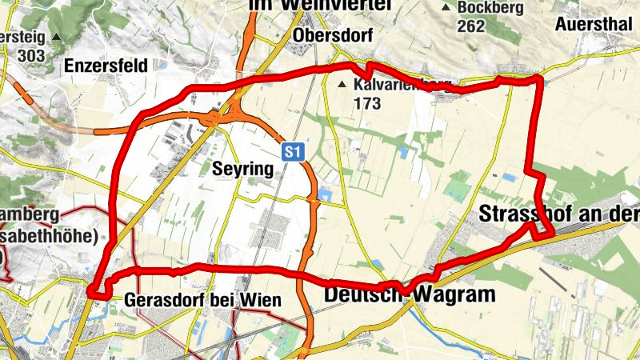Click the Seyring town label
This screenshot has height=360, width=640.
[x=243, y=169]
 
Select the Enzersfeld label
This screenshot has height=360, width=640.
[x=107, y=66]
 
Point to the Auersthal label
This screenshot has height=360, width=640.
[x=594, y=22]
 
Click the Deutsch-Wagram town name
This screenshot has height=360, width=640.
[x=410, y=294]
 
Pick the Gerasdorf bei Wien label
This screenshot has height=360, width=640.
[x=203, y=301]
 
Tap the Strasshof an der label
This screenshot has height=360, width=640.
[x=559, y=214]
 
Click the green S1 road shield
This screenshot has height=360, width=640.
[x=293, y=150]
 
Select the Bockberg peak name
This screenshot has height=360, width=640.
[x=489, y=7]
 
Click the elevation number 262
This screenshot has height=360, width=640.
[x=472, y=26]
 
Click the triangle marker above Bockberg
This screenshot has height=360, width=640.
[x=446, y=8]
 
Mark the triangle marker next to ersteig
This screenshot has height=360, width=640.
[x=56, y=37]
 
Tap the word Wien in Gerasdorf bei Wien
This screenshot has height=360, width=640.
[x=264, y=301]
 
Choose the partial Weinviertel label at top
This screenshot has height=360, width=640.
[x=320, y=6]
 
